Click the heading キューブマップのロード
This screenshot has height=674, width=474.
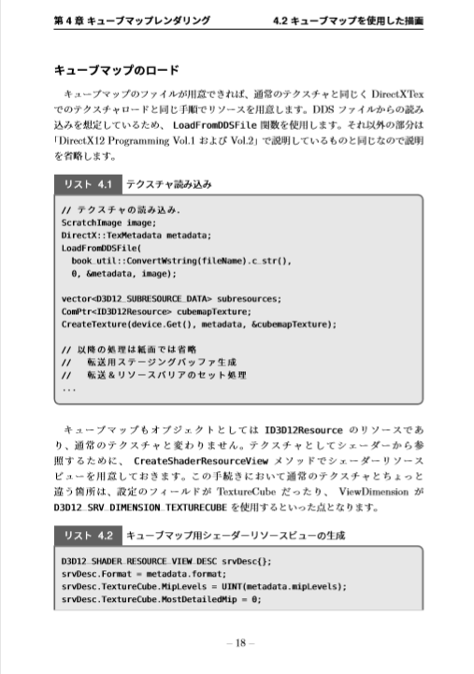(117, 70)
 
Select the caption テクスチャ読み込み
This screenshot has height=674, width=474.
(168, 184)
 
